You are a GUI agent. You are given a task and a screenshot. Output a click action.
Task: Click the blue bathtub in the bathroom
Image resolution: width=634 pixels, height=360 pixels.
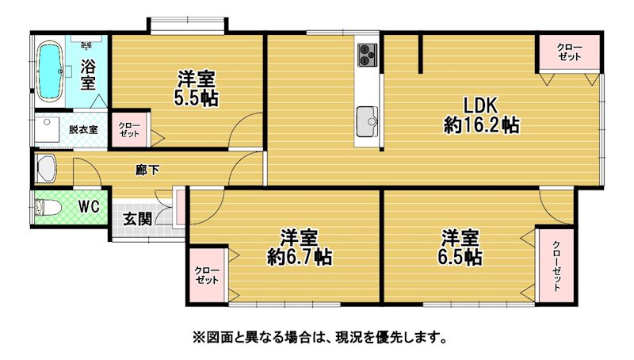pos(51,71)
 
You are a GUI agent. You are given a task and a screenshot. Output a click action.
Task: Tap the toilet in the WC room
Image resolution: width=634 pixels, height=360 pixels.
pos(48,208)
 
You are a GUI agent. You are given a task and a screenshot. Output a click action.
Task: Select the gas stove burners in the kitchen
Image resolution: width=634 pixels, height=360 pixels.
pos(367,55)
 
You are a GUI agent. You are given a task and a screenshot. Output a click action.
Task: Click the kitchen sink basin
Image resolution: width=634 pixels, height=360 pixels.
pos(367,122)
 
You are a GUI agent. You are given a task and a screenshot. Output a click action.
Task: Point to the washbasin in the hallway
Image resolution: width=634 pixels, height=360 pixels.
pos(46,169)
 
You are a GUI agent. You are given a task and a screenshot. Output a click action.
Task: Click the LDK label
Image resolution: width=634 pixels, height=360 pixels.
pos(480,106)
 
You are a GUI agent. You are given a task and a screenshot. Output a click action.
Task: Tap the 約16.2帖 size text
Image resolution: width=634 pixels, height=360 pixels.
pos(481,125)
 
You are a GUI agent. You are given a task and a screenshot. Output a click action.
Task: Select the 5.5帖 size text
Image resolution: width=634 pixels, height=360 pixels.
pos(197,98)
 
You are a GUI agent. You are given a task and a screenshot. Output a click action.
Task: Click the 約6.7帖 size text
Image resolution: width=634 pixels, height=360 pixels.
pos(300,256)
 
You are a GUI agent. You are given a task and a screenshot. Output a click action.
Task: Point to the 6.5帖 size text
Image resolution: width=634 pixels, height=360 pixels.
pos(460,256)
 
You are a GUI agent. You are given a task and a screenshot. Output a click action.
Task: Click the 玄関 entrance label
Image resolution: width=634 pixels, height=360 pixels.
pos(137,219)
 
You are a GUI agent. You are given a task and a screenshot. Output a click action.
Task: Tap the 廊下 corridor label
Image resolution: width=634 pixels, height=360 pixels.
pos(147,170)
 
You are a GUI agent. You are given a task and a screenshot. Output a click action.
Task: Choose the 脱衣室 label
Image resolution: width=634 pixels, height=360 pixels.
pos(83,129)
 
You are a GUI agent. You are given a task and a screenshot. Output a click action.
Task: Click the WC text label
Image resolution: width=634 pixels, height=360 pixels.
pos(89,207)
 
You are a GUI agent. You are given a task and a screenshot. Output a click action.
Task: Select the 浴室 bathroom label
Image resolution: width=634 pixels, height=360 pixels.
pos(88,74)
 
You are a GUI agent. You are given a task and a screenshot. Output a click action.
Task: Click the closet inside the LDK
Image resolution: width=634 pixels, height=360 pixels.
pos(569,53)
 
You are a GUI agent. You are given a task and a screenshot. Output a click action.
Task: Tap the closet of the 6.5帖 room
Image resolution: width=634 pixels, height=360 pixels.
pos(556,266)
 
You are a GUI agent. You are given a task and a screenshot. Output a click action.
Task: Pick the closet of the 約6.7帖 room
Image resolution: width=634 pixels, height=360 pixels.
pos(207,275)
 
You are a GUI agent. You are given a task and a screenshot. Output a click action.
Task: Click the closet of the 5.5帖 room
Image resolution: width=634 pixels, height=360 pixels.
pos(129,129)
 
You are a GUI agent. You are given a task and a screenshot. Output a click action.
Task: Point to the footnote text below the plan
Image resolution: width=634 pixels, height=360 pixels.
pos(320,336)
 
